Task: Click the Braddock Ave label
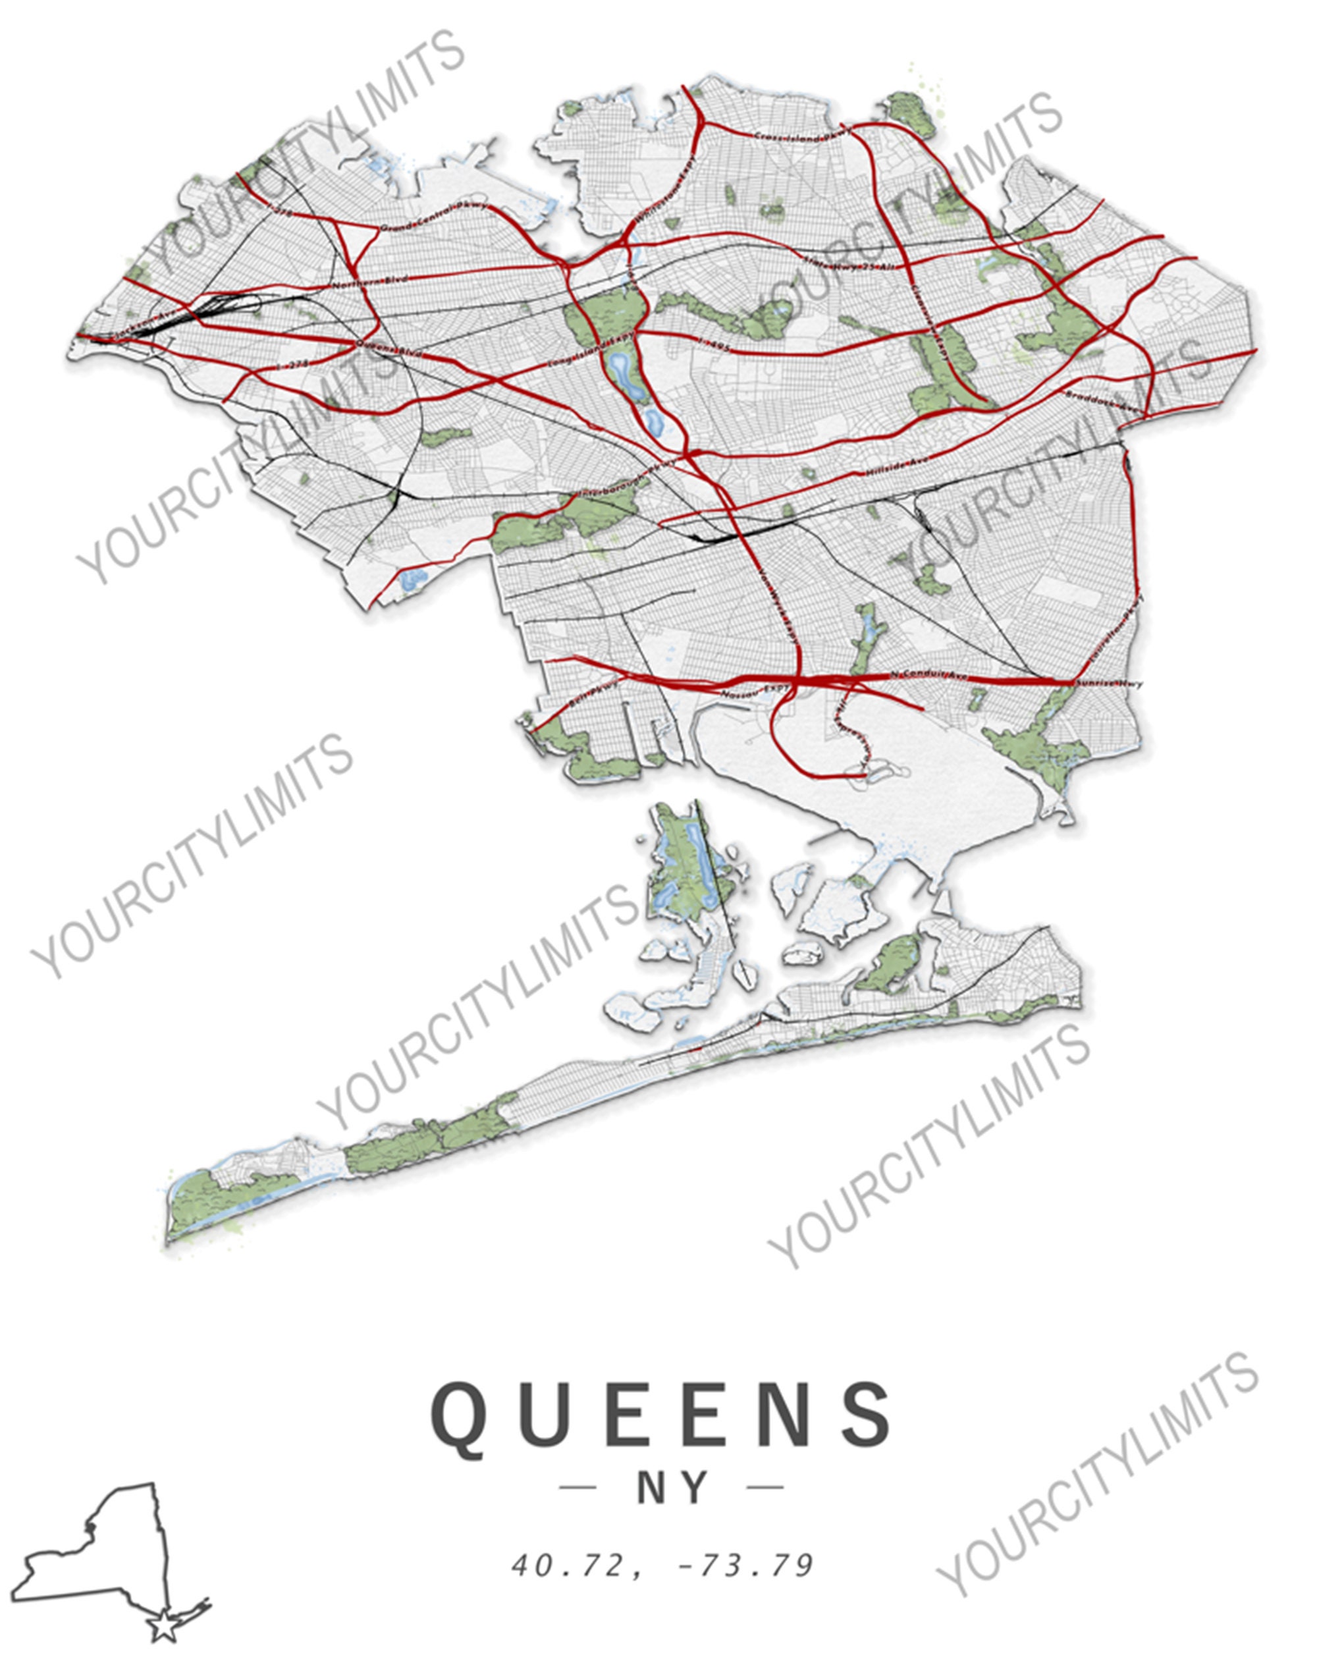pyautogui.click(x=1099, y=400)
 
